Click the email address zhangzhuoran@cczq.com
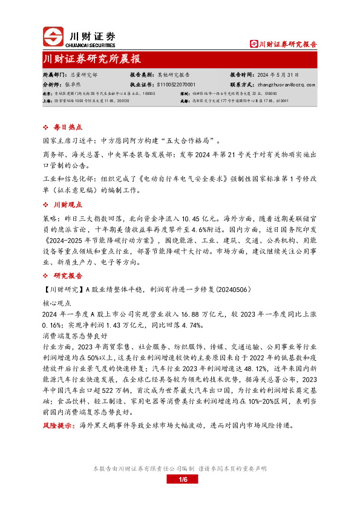click(x=290, y=85)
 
